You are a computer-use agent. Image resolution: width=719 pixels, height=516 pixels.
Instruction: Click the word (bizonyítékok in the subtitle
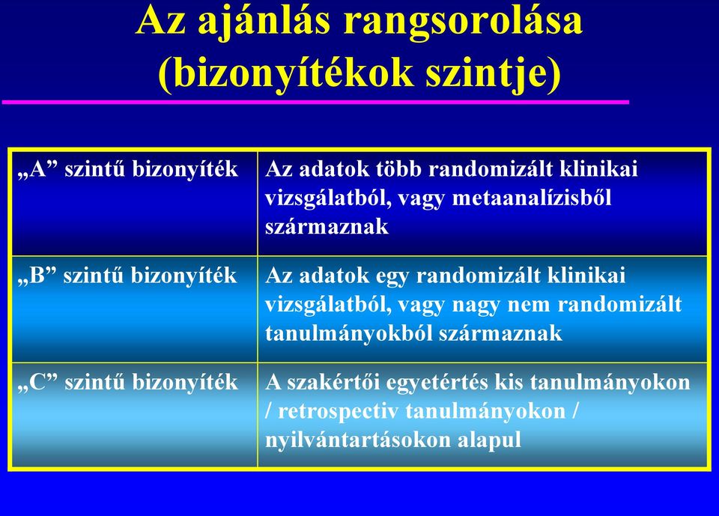click(285, 73)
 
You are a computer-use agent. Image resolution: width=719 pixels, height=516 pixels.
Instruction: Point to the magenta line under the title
click(315, 102)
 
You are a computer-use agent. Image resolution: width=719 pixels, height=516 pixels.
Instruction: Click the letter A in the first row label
click(38, 169)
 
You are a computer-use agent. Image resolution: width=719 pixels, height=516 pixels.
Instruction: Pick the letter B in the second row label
click(37, 275)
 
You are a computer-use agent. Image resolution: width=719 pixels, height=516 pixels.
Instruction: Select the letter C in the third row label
click(38, 382)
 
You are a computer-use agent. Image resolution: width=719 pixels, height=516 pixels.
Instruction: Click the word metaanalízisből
click(532, 198)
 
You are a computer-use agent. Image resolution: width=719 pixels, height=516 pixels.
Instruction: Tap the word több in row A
click(399, 169)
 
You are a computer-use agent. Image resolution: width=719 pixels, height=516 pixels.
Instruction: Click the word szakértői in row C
click(333, 382)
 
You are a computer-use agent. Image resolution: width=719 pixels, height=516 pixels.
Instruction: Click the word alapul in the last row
click(489, 440)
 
